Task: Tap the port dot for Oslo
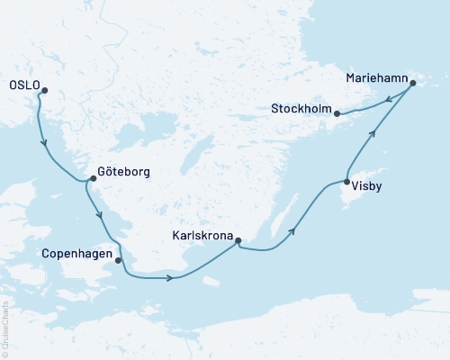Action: tap(42, 89)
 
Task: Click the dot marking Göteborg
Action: tap(94, 179)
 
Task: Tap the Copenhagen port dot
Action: tap(118, 260)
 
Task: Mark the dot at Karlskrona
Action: tap(238, 239)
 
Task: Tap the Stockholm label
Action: tap(301, 111)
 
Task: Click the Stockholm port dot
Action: tap(337, 113)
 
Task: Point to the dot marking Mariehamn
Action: tap(412, 84)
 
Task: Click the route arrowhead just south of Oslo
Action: tap(43, 144)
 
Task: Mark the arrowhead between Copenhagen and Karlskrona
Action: tap(168, 277)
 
